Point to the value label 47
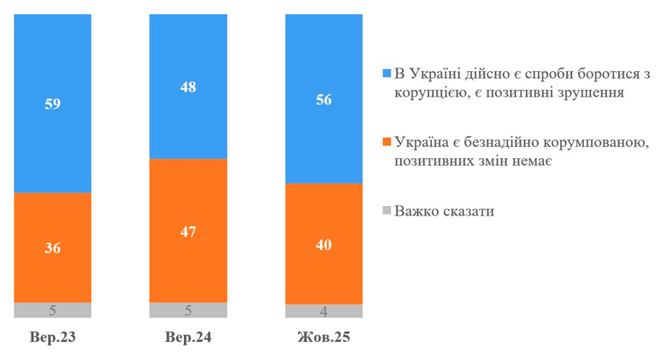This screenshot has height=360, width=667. click(x=188, y=230)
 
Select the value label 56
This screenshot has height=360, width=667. click(x=324, y=99)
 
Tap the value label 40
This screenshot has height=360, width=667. click(x=324, y=245)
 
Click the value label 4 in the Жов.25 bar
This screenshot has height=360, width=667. click(x=324, y=311)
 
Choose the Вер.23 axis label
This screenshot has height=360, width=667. click(x=52, y=338)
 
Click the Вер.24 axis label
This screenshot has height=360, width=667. click(x=188, y=338)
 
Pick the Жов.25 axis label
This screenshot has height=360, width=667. click(x=324, y=338)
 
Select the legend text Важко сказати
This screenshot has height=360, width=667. click(x=445, y=210)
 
